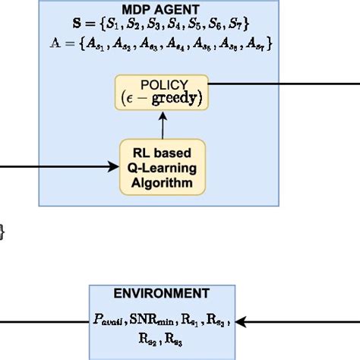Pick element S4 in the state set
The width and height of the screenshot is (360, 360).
pyautogui.click(x=168, y=28)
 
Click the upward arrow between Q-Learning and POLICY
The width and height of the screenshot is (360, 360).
pyautogui.click(x=162, y=122)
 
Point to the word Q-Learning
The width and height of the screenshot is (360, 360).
pyautogui.click(x=162, y=169)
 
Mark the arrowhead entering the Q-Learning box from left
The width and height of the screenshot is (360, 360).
pyautogui.click(x=114, y=167)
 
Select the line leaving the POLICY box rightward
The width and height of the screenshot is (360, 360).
pyautogui.click(x=281, y=91)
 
